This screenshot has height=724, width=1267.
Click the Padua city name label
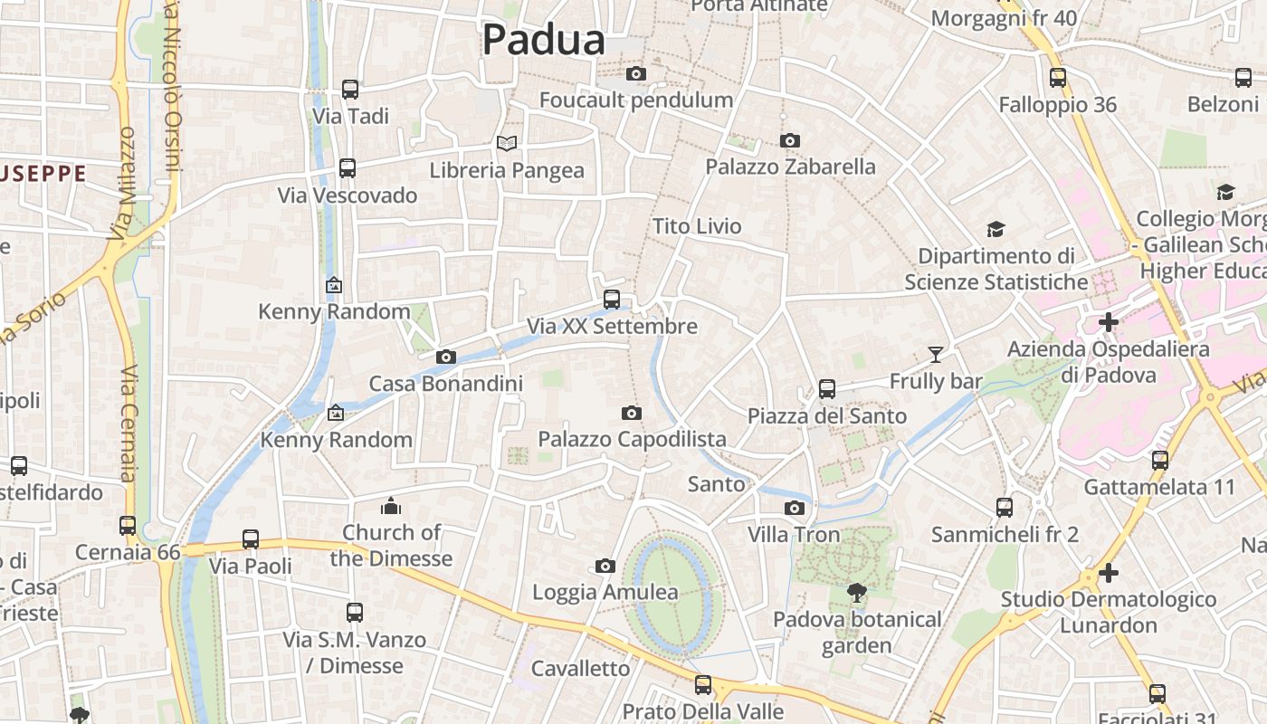543,40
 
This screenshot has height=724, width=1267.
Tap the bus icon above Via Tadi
350,90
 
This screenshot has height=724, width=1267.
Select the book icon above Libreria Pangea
507,144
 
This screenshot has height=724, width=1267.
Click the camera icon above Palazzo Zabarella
790,140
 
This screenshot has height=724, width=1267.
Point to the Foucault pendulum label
636,100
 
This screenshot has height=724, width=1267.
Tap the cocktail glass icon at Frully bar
936,354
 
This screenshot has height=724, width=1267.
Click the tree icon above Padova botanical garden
856,593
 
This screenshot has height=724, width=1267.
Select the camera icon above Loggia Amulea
605,567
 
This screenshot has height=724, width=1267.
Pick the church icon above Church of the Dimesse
391,505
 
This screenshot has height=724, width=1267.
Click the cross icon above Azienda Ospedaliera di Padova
1109,321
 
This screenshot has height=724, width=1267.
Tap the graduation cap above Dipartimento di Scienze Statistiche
995,229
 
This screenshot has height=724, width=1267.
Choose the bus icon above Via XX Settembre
612,299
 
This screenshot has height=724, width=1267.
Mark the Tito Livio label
697,226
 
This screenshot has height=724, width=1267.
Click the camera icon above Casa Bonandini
445,357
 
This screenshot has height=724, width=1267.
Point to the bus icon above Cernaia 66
128,525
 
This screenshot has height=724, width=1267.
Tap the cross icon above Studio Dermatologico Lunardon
1109,573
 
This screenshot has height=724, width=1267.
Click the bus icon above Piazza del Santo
827,389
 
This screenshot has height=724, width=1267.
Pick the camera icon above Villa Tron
795,508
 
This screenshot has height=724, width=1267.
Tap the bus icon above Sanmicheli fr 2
1005,508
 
